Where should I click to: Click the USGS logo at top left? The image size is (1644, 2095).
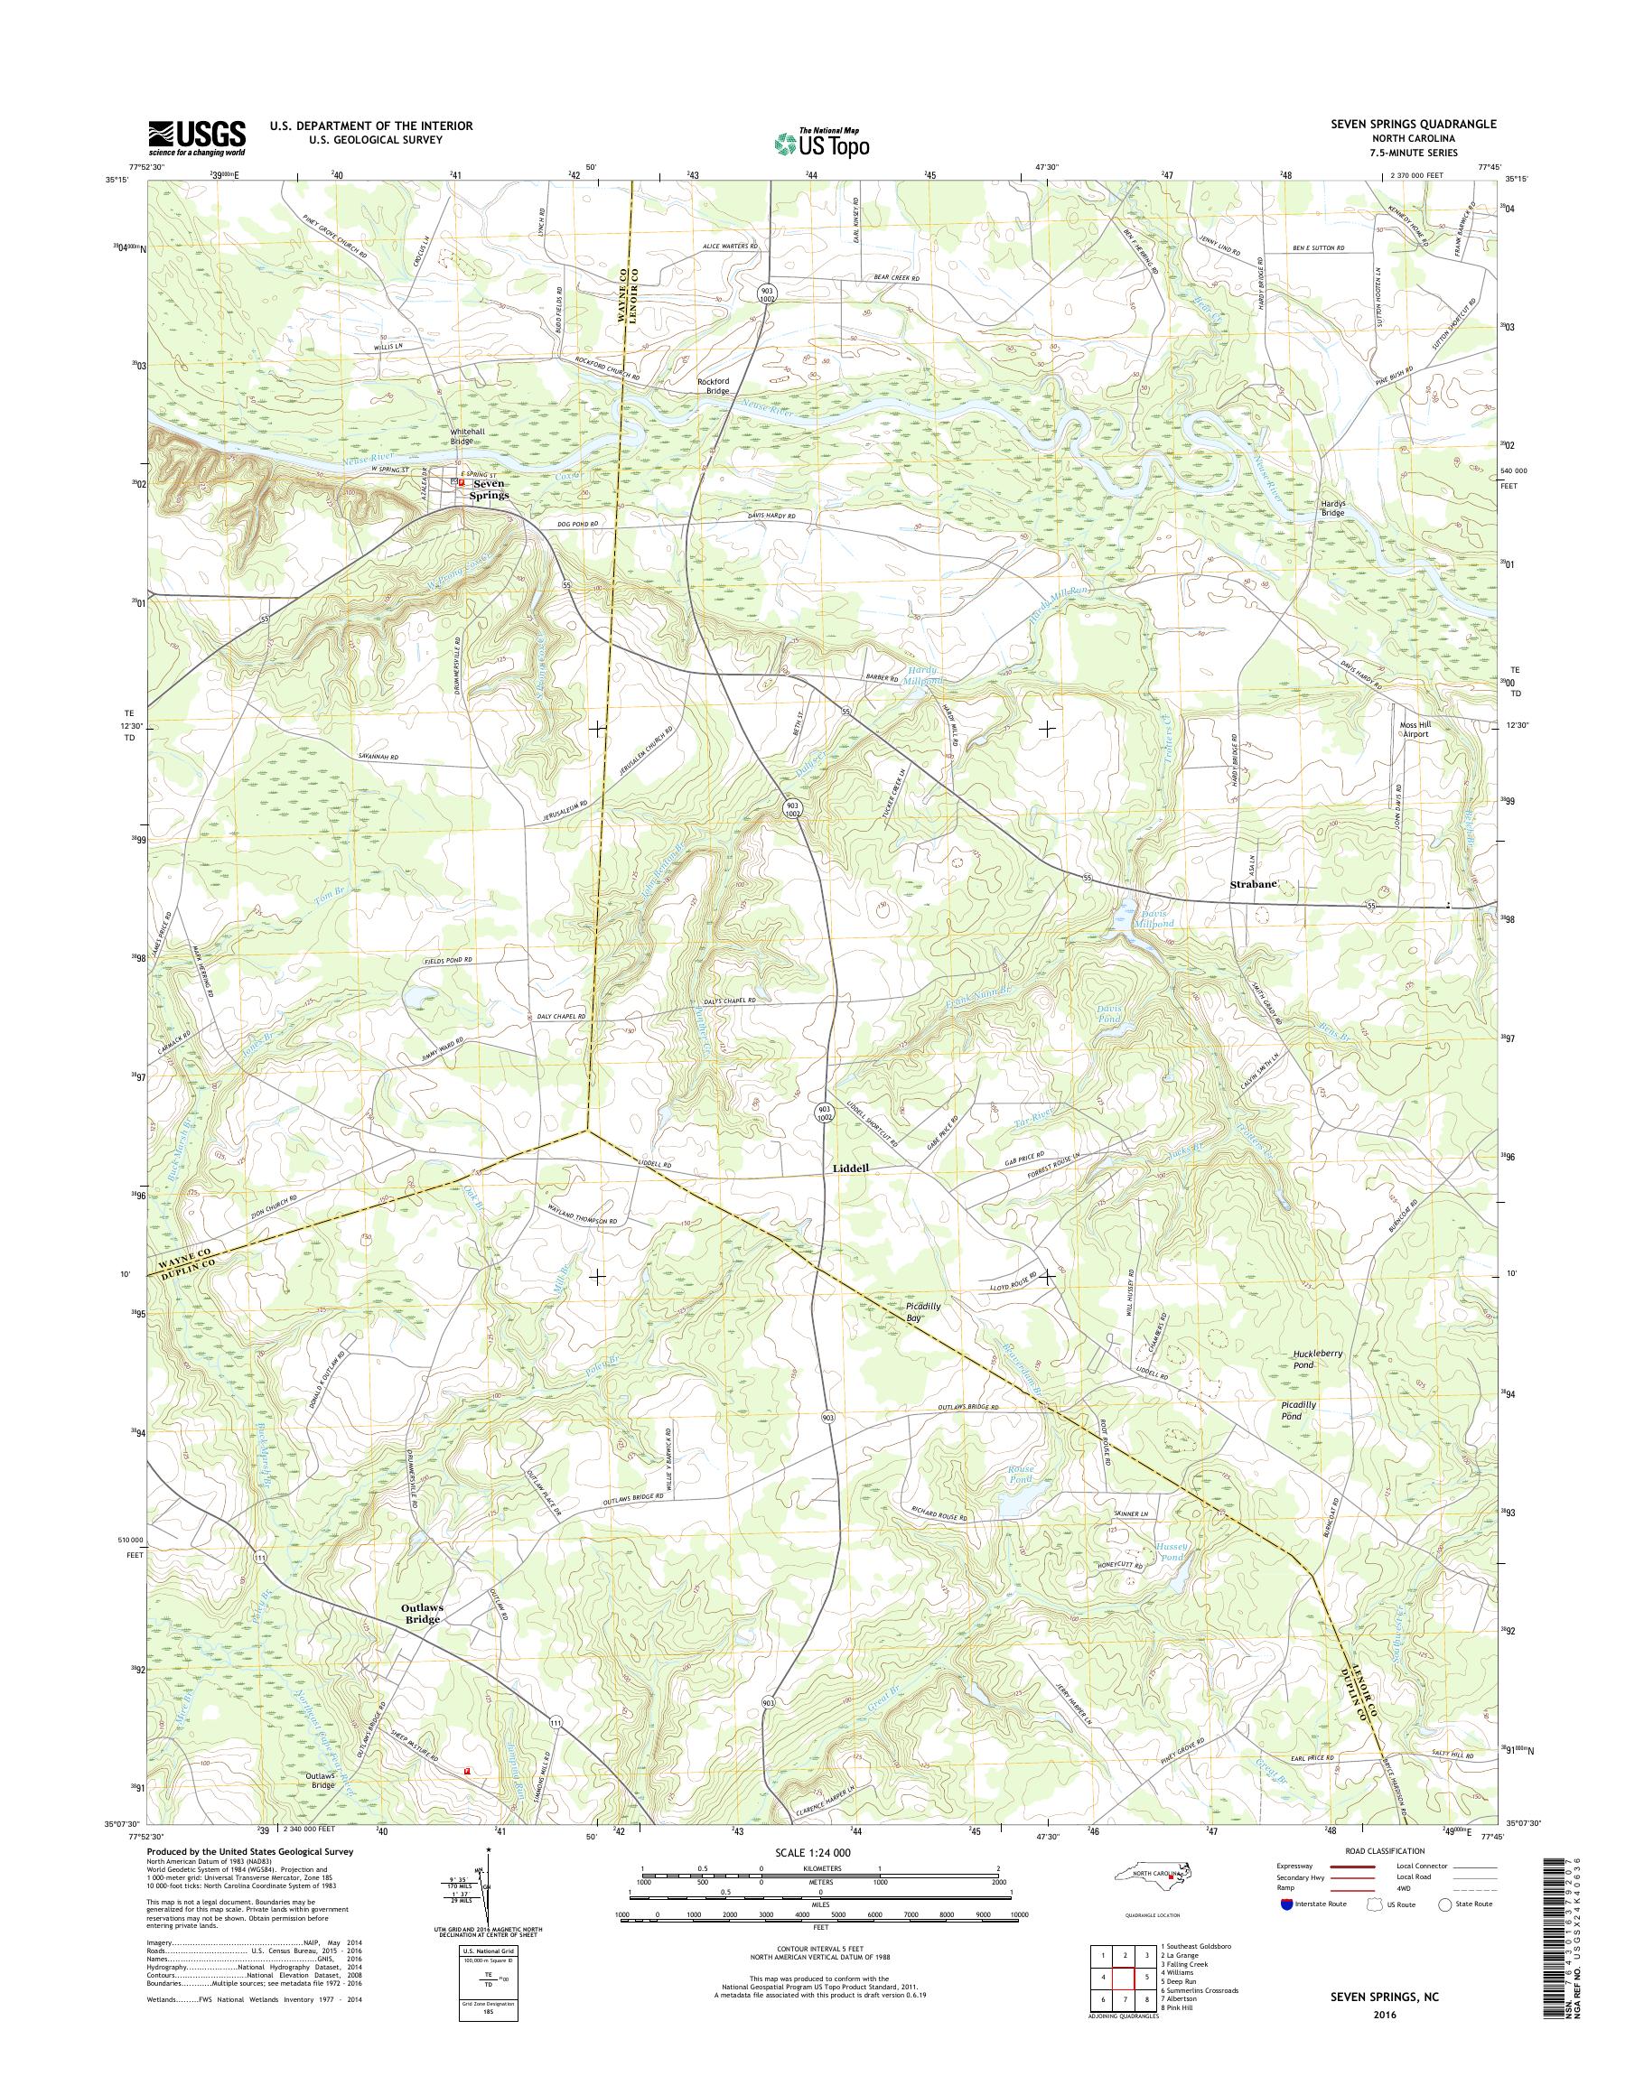196,137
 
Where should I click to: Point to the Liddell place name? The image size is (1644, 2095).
850,1168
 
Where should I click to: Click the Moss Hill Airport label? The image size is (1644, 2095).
1414,729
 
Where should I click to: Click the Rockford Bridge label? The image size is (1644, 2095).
714,386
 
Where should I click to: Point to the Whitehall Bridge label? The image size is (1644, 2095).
474,437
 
